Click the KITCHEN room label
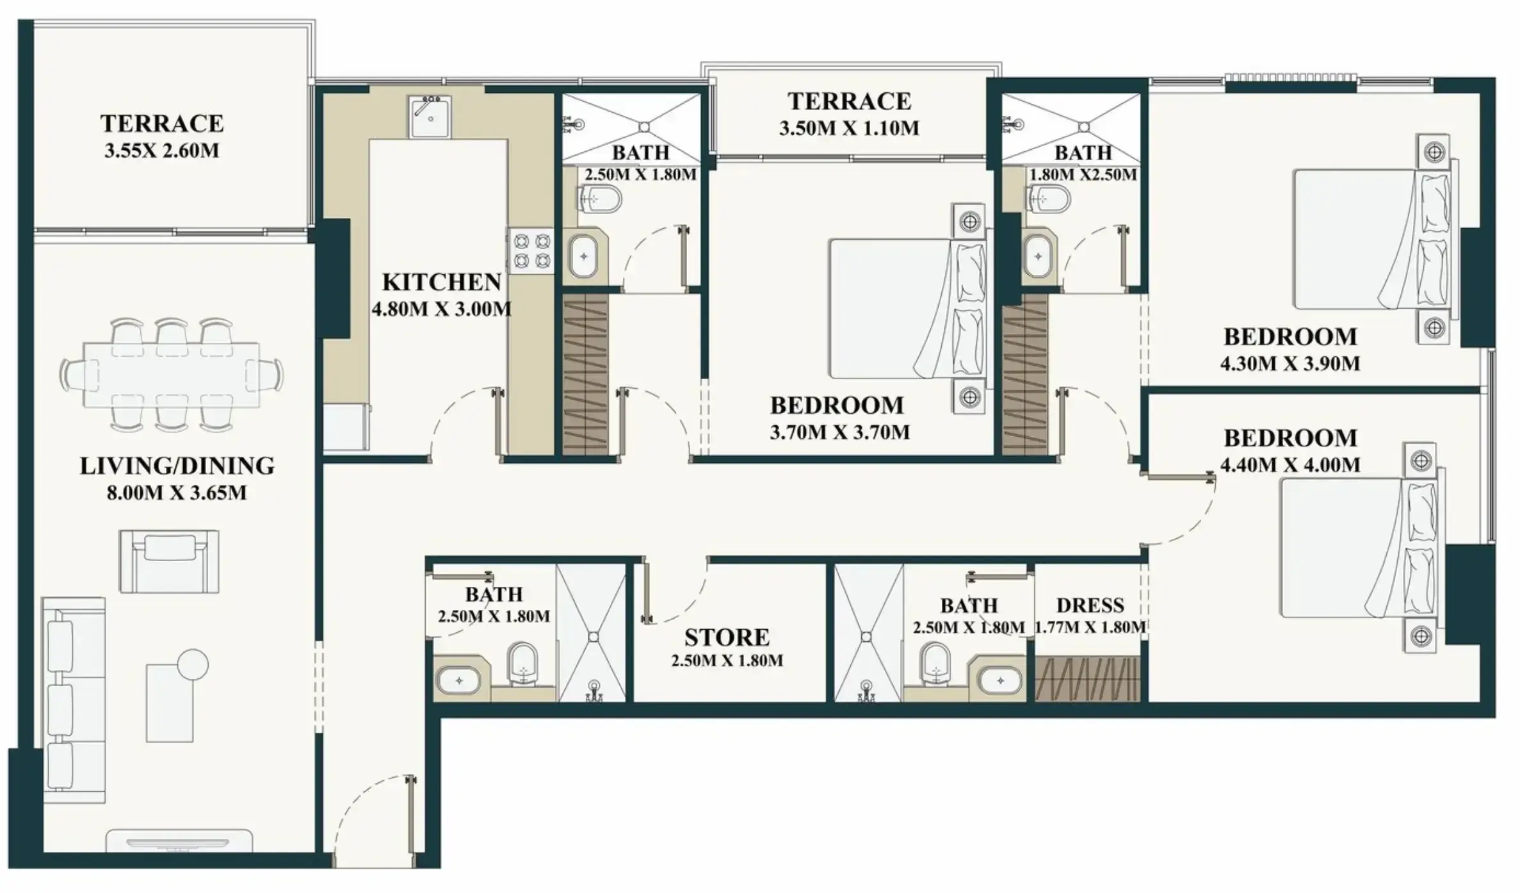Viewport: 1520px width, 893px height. click(x=441, y=282)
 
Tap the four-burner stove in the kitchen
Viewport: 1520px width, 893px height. click(x=531, y=250)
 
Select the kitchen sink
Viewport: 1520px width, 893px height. click(x=430, y=117)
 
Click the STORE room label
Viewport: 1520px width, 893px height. click(x=727, y=637)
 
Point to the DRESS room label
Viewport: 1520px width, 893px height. click(x=1090, y=605)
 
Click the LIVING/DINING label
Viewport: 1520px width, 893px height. click(x=177, y=466)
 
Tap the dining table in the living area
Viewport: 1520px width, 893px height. click(x=172, y=375)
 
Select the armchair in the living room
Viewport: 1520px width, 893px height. click(x=169, y=561)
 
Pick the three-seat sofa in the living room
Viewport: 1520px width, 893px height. click(x=74, y=700)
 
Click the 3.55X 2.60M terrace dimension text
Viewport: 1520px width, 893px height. click(x=161, y=151)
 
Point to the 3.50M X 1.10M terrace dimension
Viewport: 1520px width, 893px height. click(x=849, y=128)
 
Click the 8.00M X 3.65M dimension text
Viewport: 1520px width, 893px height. click(x=177, y=493)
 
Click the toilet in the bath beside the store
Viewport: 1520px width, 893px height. click(x=522, y=664)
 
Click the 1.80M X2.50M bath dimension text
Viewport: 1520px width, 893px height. click(x=1083, y=174)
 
